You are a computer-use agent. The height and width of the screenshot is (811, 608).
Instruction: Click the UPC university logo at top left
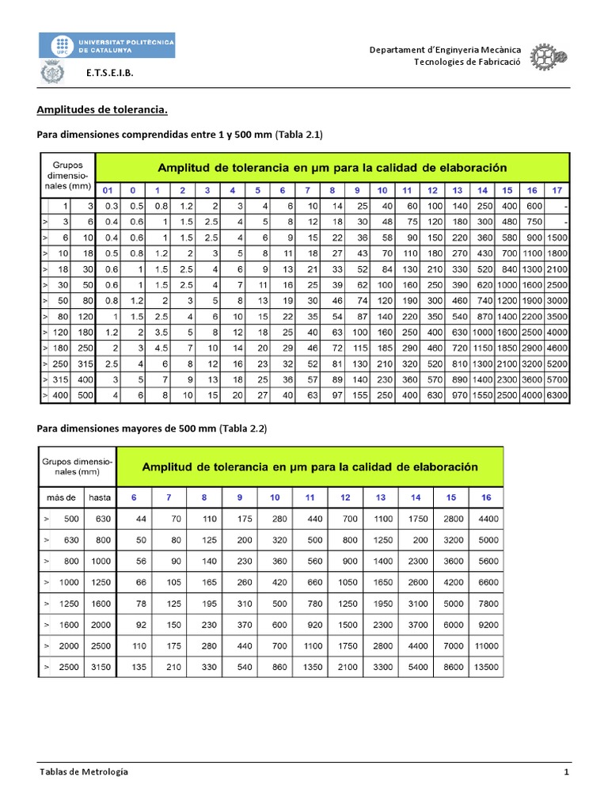(107, 46)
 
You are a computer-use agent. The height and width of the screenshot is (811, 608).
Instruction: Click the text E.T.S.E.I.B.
(110, 72)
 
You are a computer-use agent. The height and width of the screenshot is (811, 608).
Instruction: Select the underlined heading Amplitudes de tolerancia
(103, 111)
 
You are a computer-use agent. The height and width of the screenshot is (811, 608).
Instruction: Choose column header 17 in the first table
(557, 190)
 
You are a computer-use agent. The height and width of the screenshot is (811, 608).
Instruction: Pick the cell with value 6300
(557, 394)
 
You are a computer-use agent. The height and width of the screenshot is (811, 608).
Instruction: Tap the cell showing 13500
(485, 668)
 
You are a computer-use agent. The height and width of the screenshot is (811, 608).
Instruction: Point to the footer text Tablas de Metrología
(83, 771)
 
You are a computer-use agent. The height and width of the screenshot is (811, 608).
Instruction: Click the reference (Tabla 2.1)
(299, 135)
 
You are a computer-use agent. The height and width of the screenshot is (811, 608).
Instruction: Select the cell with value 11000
(485, 646)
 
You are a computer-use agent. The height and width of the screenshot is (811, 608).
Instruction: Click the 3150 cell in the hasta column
(100, 668)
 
